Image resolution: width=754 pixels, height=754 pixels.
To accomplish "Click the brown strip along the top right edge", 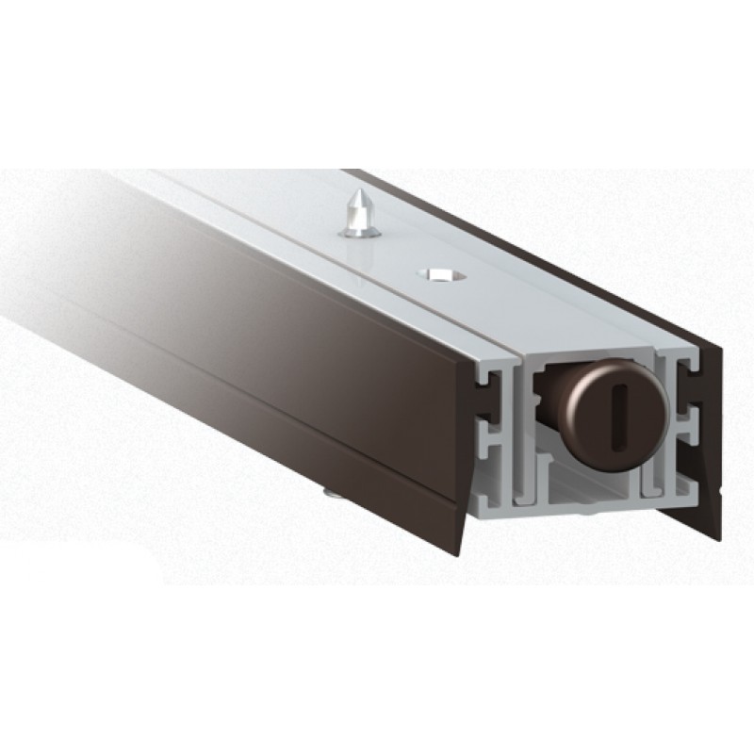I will coord(528,245).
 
